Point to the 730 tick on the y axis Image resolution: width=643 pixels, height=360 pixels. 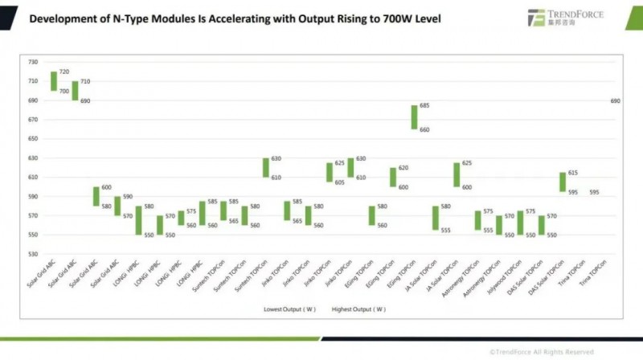tap(32, 62)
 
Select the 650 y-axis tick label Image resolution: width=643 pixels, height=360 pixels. tap(32, 139)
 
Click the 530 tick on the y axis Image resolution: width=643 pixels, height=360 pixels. tap(32, 254)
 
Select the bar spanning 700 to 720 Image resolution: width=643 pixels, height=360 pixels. tap(54, 81)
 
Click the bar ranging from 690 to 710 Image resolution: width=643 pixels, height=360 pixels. tap(75, 91)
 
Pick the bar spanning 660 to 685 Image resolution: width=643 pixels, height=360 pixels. tap(414, 117)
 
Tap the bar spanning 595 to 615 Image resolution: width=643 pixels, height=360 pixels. tap(562, 182)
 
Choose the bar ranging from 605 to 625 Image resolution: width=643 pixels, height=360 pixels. tap(330, 172)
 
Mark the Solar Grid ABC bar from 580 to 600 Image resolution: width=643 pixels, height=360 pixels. tap(96, 196)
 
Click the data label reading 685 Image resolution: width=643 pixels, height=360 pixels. tap(424, 106)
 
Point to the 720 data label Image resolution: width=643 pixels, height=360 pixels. tap(64, 72)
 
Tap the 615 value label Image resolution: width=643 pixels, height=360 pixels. tap(573, 174)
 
